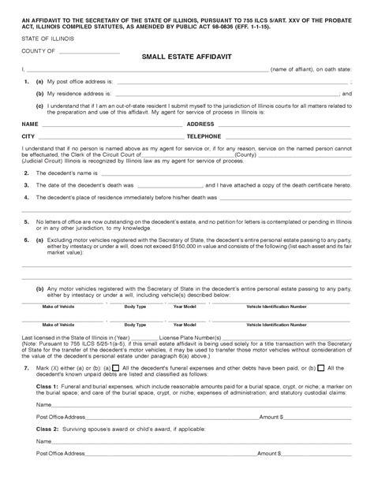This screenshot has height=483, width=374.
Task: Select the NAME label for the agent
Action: (30, 124)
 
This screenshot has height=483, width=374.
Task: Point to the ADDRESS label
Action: (200, 124)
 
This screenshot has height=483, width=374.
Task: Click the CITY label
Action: (28, 136)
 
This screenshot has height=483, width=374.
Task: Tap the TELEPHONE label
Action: (204, 136)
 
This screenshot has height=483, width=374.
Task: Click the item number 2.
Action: (27, 172)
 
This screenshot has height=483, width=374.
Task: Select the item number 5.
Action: (27, 222)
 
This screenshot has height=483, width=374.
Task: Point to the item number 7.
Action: (27, 367)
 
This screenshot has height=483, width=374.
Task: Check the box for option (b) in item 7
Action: (320, 367)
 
